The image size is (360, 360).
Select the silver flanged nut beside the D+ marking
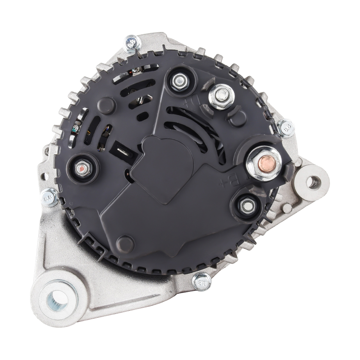(x=221, y=96)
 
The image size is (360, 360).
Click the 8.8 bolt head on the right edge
(x=287, y=128)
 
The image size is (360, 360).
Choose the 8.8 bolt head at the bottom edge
(x=201, y=281)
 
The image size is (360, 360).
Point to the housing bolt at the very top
(x=131, y=43)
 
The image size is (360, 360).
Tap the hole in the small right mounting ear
(x=311, y=182)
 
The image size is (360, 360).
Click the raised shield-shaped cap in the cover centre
(x=166, y=168)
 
